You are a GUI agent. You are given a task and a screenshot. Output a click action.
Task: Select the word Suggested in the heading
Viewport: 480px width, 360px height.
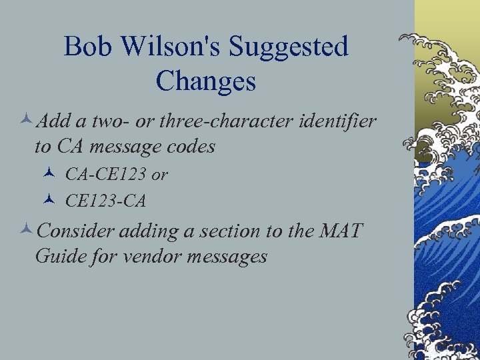[x=288, y=47]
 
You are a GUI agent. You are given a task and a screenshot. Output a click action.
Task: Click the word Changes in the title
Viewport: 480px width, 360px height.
[x=205, y=81]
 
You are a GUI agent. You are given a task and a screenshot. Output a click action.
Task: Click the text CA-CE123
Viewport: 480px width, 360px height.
[x=106, y=175]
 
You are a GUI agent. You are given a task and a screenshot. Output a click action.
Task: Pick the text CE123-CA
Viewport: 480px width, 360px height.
[x=105, y=200]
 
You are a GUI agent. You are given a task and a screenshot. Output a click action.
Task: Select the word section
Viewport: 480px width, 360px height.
[x=231, y=231]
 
